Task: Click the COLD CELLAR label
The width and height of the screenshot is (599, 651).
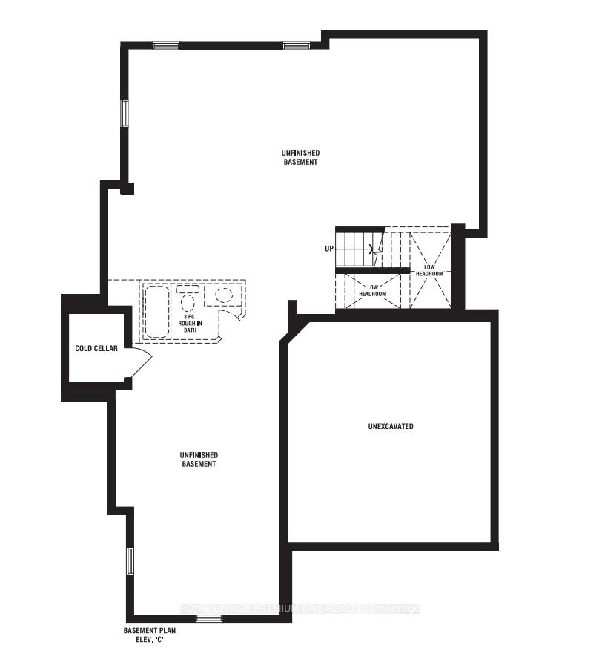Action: coord(96,348)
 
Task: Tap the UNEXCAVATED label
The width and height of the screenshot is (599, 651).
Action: coord(391,427)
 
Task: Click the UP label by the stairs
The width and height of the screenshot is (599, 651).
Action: coord(328,249)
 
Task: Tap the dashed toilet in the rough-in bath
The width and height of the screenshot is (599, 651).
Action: coord(187,300)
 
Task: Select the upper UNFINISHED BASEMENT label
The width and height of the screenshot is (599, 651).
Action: coord(300,157)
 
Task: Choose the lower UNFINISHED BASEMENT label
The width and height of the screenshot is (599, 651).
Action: coord(198,459)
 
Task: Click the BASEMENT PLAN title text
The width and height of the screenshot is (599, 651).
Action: coord(149,630)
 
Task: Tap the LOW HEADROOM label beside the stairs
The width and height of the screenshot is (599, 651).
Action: coord(429,270)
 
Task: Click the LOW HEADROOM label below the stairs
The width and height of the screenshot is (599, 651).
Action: coord(372,290)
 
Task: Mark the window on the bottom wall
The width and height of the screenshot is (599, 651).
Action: coord(209,618)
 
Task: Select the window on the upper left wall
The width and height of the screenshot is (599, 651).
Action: coord(125,113)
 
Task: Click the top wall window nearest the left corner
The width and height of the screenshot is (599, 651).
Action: coord(166,45)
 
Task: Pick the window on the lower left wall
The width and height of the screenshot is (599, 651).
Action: coord(130,560)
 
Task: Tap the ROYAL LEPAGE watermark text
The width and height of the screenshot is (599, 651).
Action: coord(300,609)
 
